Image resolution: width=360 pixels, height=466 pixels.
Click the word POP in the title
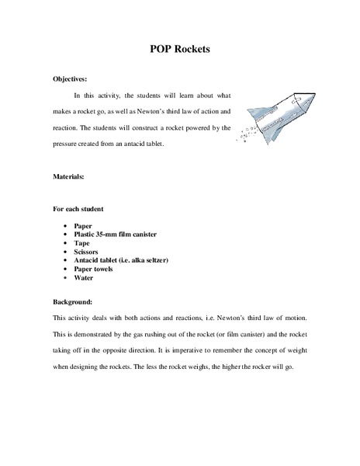pyautogui.click(x=161, y=49)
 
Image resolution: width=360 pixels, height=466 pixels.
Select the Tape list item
pyautogui.click(x=81, y=242)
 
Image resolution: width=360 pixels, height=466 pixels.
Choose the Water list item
pyautogui.click(x=83, y=276)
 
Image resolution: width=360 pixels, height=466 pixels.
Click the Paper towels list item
pyautogui.click(x=93, y=268)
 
